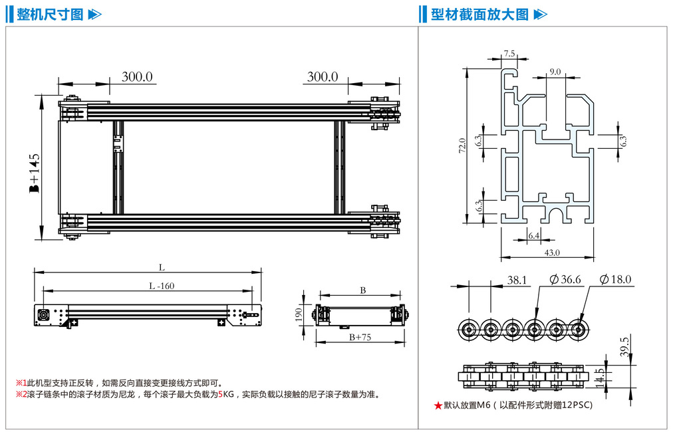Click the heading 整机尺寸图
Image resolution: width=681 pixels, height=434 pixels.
click(x=50, y=14)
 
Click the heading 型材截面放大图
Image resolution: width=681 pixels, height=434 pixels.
click(x=479, y=14)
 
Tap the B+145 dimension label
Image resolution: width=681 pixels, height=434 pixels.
click(x=34, y=173)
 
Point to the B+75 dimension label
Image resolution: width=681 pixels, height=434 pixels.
click(x=359, y=337)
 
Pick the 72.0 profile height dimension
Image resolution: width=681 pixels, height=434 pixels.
click(x=462, y=146)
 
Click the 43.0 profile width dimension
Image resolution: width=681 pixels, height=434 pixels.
click(x=551, y=252)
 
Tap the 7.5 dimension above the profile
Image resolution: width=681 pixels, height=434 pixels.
click(x=509, y=53)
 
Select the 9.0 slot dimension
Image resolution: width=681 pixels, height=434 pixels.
click(x=555, y=71)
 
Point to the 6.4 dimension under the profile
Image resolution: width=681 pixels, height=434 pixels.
click(x=533, y=235)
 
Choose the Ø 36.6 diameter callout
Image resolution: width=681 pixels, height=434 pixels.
click(x=565, y=280)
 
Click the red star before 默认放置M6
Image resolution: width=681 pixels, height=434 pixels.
click(x=438, y=405)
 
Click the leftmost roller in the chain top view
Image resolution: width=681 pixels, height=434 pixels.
click(x=468, y=328)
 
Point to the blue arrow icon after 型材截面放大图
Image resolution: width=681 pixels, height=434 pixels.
click(x=541, y=14)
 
